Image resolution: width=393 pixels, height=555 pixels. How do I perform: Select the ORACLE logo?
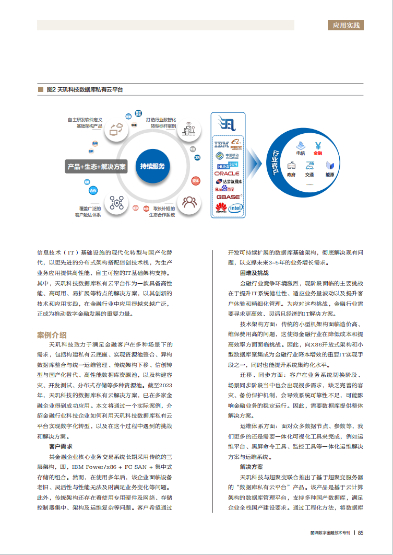pyautogui.click(x=227, y=174)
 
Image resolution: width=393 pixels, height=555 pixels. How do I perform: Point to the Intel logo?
pyautogui.click(x=236, y=208)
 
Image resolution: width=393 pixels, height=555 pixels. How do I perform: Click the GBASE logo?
pyautogui.click(x=228, y=197)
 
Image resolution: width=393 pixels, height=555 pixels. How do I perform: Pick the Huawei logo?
pyautogui.click(x=221, y=208)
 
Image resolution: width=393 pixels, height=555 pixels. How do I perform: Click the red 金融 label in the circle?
pyautogui.click(x=318, y=153)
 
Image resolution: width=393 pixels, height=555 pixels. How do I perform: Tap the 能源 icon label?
pyautogui.click(x=330, y=175)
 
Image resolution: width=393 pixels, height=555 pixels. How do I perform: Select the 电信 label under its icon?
pyautogui.click(x=301, y=153)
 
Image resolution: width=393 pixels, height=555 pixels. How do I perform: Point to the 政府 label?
pyautogui.click(x=291, y=175)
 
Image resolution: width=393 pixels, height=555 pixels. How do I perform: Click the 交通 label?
pyautogui.click(x=310, y=175)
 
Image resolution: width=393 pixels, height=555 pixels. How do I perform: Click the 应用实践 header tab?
pyautogui.click(x=348, y=25)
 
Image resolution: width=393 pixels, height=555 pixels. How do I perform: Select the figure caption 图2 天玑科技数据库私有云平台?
pyautogui.click(x=85, y=90)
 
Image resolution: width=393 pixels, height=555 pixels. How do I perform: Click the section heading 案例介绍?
pyautogui.click(x=52, y=334)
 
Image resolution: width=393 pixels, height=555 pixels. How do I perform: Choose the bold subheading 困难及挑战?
pyautogui.click(x=254, y=273)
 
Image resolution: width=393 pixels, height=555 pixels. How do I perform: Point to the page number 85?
pyautogui.click(x=361, y=533)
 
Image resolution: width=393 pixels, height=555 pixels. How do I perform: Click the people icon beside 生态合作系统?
pyautogui.click(x=189, y=201)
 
